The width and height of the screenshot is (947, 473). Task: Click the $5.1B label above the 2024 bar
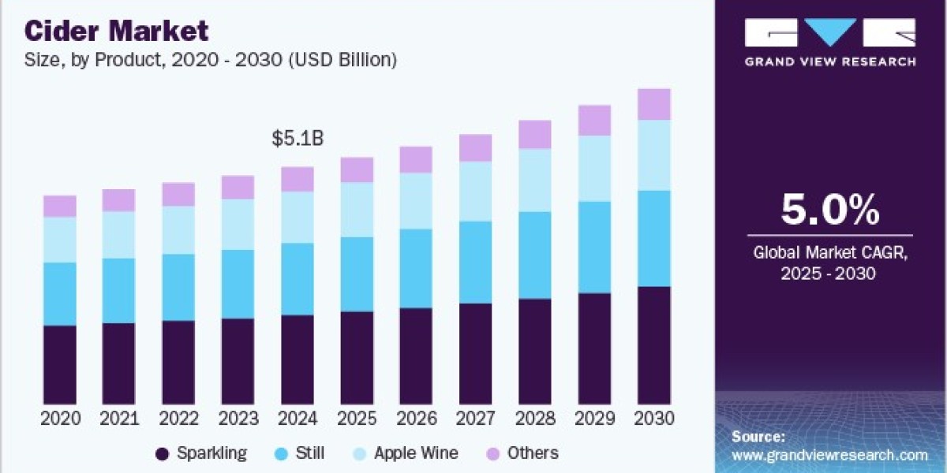298,139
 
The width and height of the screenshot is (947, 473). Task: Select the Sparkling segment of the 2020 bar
60,365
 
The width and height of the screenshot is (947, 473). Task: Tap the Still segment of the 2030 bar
654,239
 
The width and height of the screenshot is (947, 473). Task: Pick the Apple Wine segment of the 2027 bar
476,192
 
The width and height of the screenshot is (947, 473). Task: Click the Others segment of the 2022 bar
178,194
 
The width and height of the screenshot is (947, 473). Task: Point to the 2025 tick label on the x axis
357,419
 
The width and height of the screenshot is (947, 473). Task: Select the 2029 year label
594,419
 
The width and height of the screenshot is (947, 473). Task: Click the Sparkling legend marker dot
163,454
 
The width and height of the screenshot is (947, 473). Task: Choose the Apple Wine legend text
416,453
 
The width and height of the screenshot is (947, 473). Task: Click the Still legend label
310,453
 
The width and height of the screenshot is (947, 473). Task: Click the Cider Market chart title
116,31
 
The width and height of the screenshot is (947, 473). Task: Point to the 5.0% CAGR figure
830,210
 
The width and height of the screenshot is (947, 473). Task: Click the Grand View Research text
830,62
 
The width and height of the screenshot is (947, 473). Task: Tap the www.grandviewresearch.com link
830,456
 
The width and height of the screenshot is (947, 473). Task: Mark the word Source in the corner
758,437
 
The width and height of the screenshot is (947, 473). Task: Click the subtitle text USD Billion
342,60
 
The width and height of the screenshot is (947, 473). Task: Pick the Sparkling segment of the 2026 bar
416,356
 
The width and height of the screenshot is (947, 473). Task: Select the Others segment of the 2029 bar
594,121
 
